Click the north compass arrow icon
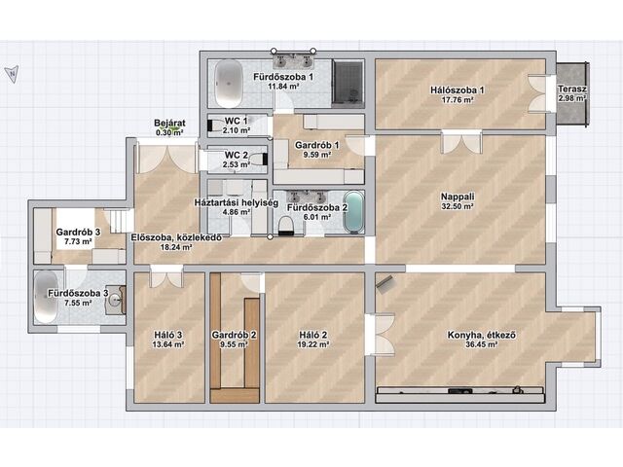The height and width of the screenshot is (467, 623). click(12, 74)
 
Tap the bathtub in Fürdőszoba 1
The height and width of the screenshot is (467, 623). click(229, 84)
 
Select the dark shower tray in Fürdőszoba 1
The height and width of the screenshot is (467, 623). click(348, 85)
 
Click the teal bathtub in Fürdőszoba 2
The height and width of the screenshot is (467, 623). click(353, 212)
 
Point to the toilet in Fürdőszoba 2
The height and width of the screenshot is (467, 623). click(286, 225)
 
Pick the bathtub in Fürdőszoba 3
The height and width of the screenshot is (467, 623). click(46, 297)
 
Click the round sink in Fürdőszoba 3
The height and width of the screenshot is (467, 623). click(116, 300)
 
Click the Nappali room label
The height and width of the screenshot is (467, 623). click(458, 197)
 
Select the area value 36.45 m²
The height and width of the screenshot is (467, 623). click(482, 344)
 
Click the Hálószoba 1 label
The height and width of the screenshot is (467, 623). click(458, 90)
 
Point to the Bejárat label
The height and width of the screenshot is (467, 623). click(169, 124)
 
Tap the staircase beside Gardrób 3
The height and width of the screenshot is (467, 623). click(118, 221)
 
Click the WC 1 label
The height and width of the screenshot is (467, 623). click(236, 121)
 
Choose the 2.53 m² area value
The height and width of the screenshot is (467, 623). click(236, 164)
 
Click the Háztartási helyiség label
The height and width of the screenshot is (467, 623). click(236, 202)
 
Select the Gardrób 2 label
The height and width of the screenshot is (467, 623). click(234, 335)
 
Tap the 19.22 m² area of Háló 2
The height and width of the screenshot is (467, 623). click(313, 344)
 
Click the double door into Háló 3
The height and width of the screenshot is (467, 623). click(166, 276)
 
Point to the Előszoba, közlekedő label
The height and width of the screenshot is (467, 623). click(176, 237)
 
